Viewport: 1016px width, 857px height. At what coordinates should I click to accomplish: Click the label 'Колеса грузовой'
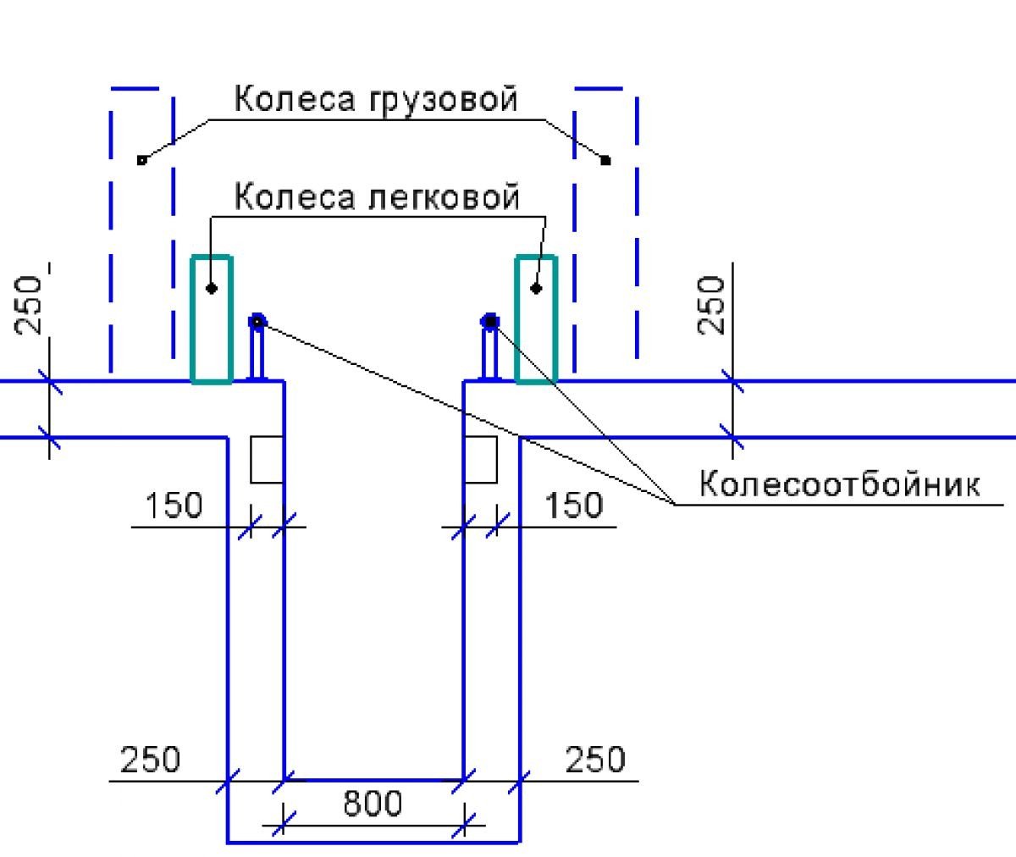click(375, 99)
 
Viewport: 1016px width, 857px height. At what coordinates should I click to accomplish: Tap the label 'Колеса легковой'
click(376, 197)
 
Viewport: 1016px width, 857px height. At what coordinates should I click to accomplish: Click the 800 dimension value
click(373, 803)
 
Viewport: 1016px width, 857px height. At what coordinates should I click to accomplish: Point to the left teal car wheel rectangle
click(212, 319)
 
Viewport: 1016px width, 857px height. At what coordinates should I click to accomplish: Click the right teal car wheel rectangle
click(537, 319)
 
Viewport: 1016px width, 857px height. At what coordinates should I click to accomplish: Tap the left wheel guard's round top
click(257, 321)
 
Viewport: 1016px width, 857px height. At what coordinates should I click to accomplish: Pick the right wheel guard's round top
click(489, 321)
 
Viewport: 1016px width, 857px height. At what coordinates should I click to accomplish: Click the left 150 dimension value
click(174, 506)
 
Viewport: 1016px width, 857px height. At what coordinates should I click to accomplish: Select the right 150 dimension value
click(573, 506)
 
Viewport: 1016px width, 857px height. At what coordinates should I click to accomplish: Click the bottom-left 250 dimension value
click(150, 760)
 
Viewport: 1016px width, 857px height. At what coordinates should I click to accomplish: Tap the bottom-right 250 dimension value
click(595, 760)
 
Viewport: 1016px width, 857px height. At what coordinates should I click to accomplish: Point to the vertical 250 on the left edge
click(31, 305)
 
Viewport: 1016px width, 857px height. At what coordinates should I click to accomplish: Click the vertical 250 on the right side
click(713, 305)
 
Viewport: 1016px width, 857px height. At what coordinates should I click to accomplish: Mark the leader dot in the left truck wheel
click(141, 160)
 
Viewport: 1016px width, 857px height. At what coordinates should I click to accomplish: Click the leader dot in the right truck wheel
click(605, 160)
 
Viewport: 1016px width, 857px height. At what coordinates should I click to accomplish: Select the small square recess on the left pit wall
click(266, 460)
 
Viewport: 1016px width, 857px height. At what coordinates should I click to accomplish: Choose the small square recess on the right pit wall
click(481, 460)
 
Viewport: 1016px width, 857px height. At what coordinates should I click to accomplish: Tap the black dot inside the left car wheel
click(212, 289)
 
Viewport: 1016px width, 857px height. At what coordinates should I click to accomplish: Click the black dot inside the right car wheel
click(536, 289)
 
